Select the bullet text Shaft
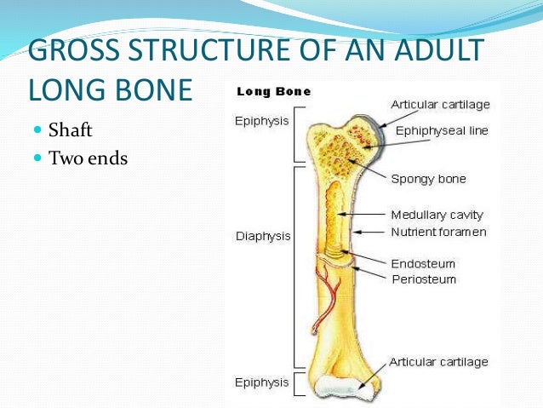(71, 131)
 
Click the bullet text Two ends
(88, 158)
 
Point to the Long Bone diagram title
(273, 91)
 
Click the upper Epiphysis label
(261, 121)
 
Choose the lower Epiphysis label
(261, 382)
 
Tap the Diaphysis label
(263, 236)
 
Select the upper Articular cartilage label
(439, 104)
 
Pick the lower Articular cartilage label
(438, 361)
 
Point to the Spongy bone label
(428, 179)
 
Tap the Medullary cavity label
(437, 215)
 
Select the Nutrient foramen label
(438, 232)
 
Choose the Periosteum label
(423, 279)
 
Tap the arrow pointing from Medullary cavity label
(366, 215)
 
